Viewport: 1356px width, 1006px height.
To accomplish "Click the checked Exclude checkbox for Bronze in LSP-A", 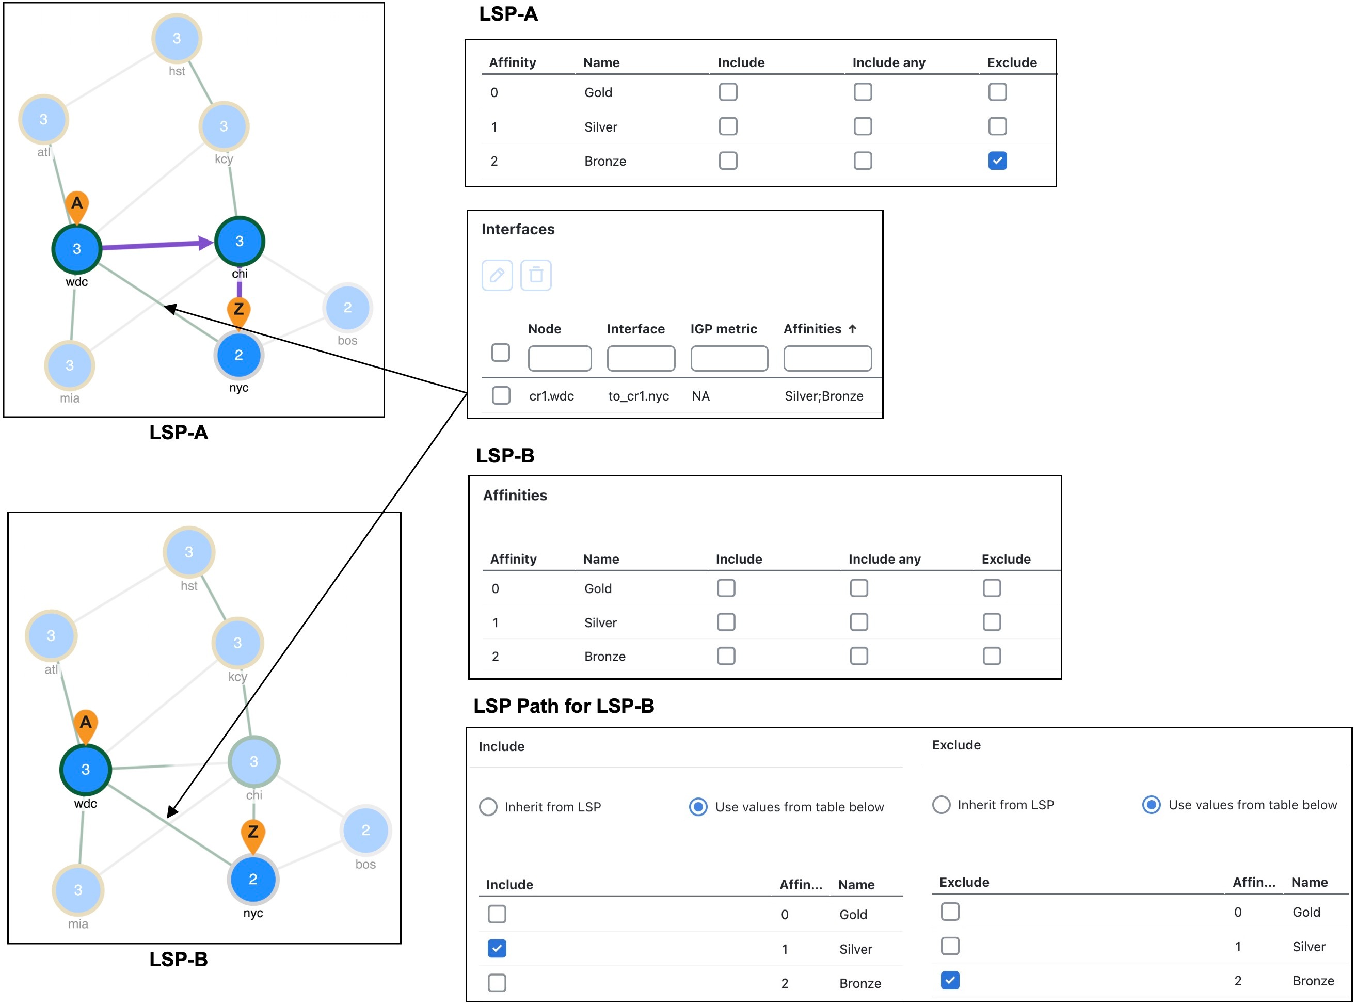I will click(997, 161).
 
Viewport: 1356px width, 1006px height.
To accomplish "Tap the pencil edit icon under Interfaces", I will click(497, 275).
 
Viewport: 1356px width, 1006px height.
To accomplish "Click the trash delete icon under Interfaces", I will click(536, 275).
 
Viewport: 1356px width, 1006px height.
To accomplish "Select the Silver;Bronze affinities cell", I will click(823, 396).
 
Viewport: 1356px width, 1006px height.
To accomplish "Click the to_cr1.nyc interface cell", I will click(638, 396).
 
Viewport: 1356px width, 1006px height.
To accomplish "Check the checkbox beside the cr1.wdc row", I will click(501, 395).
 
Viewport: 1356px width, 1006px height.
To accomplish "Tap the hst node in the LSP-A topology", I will click(177, 38).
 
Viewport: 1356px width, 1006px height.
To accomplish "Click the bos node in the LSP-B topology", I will click(365, 830).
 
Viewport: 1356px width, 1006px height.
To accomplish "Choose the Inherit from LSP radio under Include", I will click(488, 807).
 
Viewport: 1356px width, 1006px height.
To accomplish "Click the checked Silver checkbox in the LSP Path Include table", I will click(497, 949).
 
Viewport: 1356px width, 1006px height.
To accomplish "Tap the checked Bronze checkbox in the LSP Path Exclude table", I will click(950, 980).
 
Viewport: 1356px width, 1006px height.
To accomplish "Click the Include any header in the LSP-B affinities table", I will click(884, 559).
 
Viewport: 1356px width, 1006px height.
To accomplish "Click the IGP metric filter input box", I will click(729, 359).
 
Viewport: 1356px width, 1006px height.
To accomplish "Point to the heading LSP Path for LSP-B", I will click(563, 706).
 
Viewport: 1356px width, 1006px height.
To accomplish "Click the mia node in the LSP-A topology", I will click(69, 365).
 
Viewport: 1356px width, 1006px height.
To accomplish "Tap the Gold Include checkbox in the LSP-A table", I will click(728, 92).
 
